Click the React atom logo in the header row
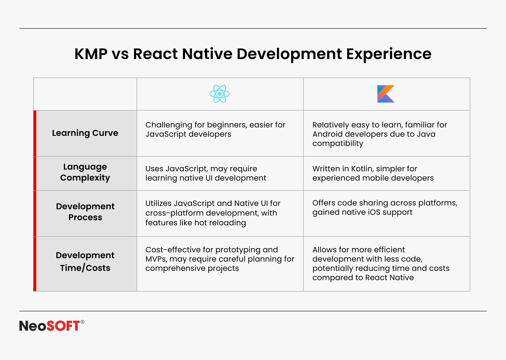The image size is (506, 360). coord(220,94)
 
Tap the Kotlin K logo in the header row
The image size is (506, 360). coord(386,94)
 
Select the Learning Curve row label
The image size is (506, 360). coord(85,133)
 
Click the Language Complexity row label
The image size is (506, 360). coord(85,172)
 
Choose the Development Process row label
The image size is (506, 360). coord(85,212)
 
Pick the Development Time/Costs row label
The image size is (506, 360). coord(85,262)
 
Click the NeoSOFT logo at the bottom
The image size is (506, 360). coord(52,326)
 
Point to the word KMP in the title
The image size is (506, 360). coord(91,54)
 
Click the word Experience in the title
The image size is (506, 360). coord(389,54)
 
